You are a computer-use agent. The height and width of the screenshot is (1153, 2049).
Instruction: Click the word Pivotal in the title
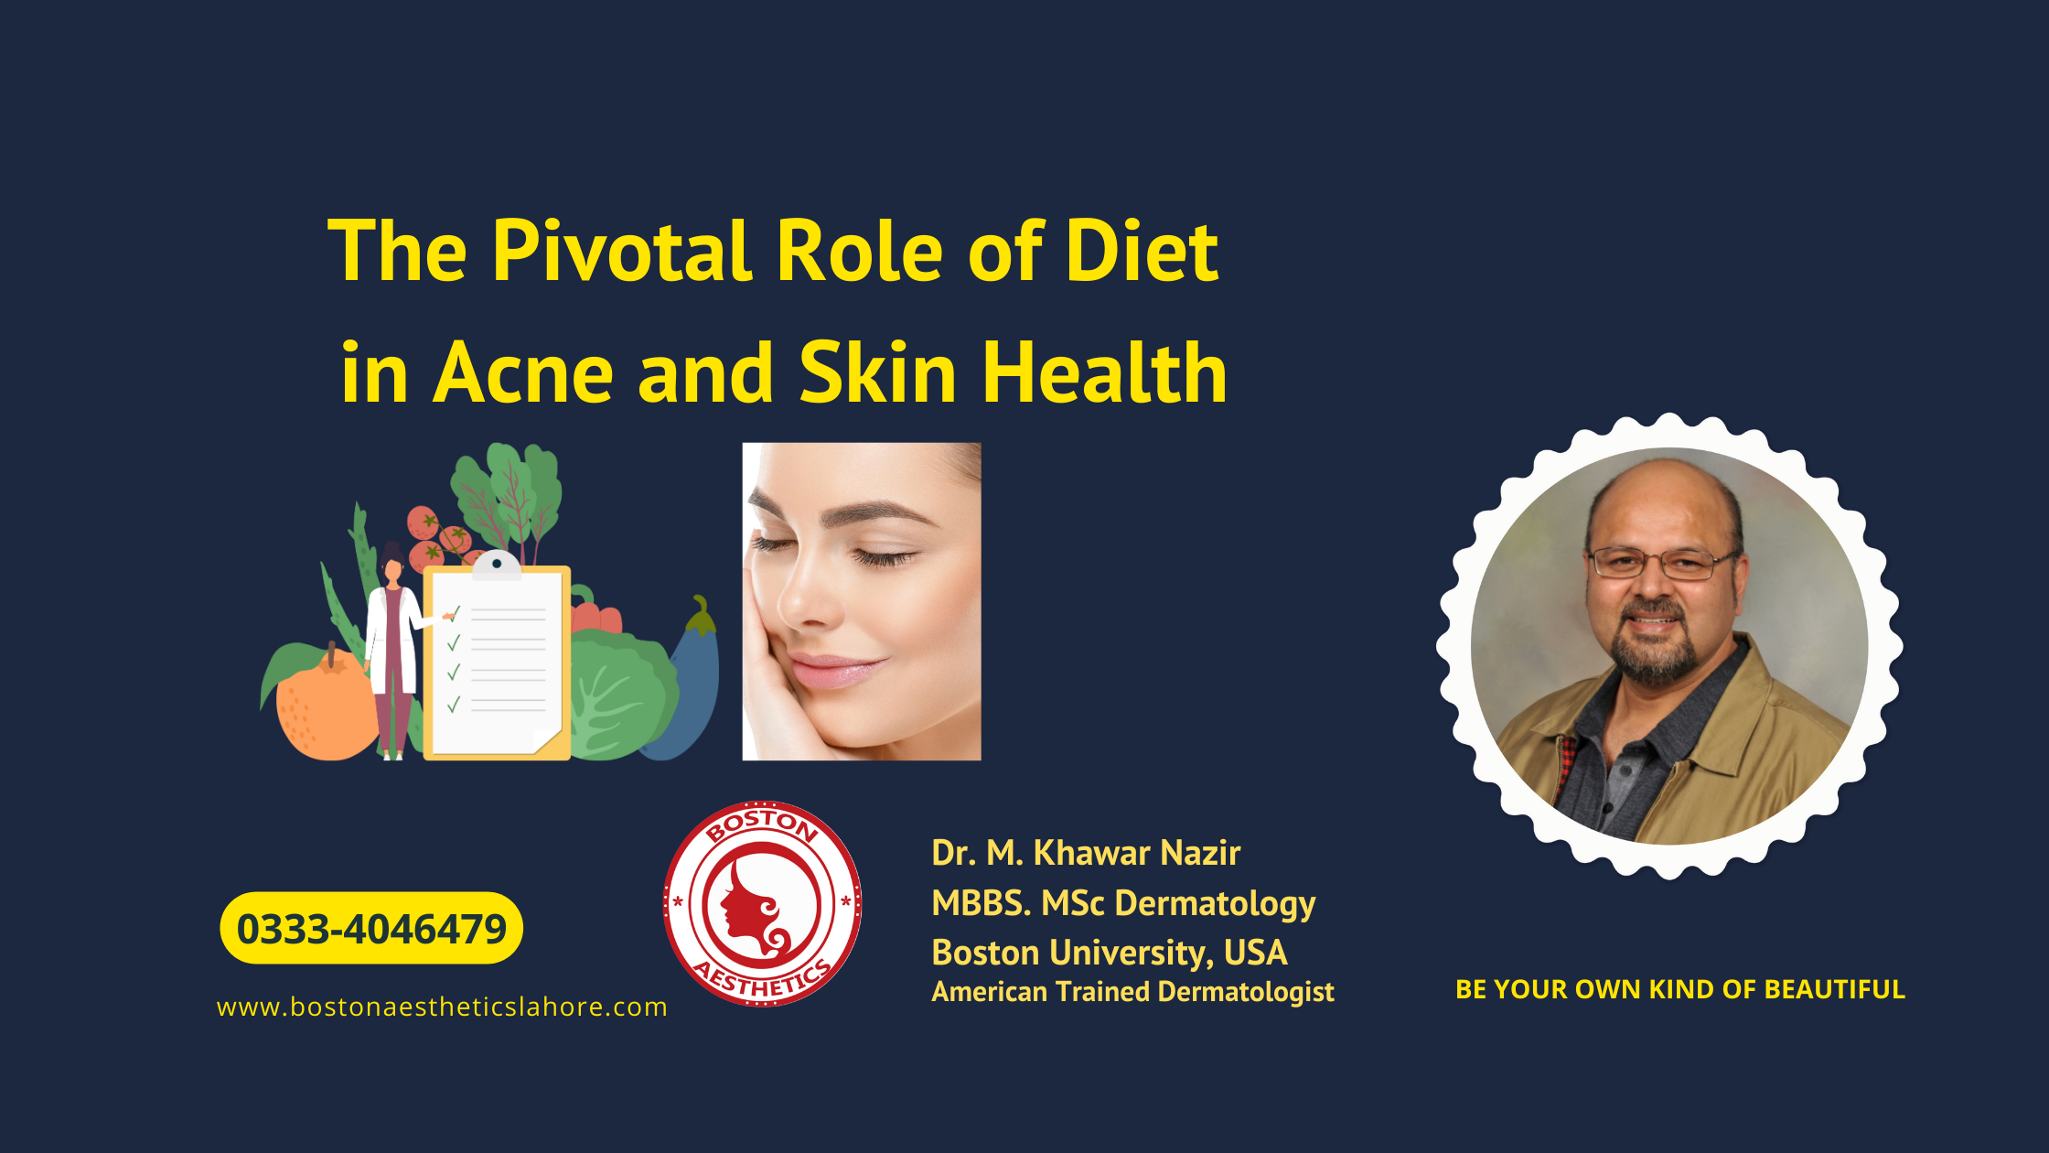point(622,252)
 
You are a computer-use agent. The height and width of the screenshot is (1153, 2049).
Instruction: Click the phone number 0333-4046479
point(371,929)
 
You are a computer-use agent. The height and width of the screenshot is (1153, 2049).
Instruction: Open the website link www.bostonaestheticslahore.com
point(442,1008)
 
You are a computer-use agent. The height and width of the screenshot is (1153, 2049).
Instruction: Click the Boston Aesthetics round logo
point(762,904)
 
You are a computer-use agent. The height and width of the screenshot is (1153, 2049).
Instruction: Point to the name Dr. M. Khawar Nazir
point(1086,853)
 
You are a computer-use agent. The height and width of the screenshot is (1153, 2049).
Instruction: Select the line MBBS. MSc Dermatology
point(1123,903)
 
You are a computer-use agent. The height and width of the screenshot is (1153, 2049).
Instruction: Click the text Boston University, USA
point(1109,953)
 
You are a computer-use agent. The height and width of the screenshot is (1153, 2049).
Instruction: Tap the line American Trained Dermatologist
point(1132,992)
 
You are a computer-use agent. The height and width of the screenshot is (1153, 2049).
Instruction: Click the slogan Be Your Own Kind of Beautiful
point(1679,990)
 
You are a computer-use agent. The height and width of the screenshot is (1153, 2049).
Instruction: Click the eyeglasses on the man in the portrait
point(1660,563)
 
